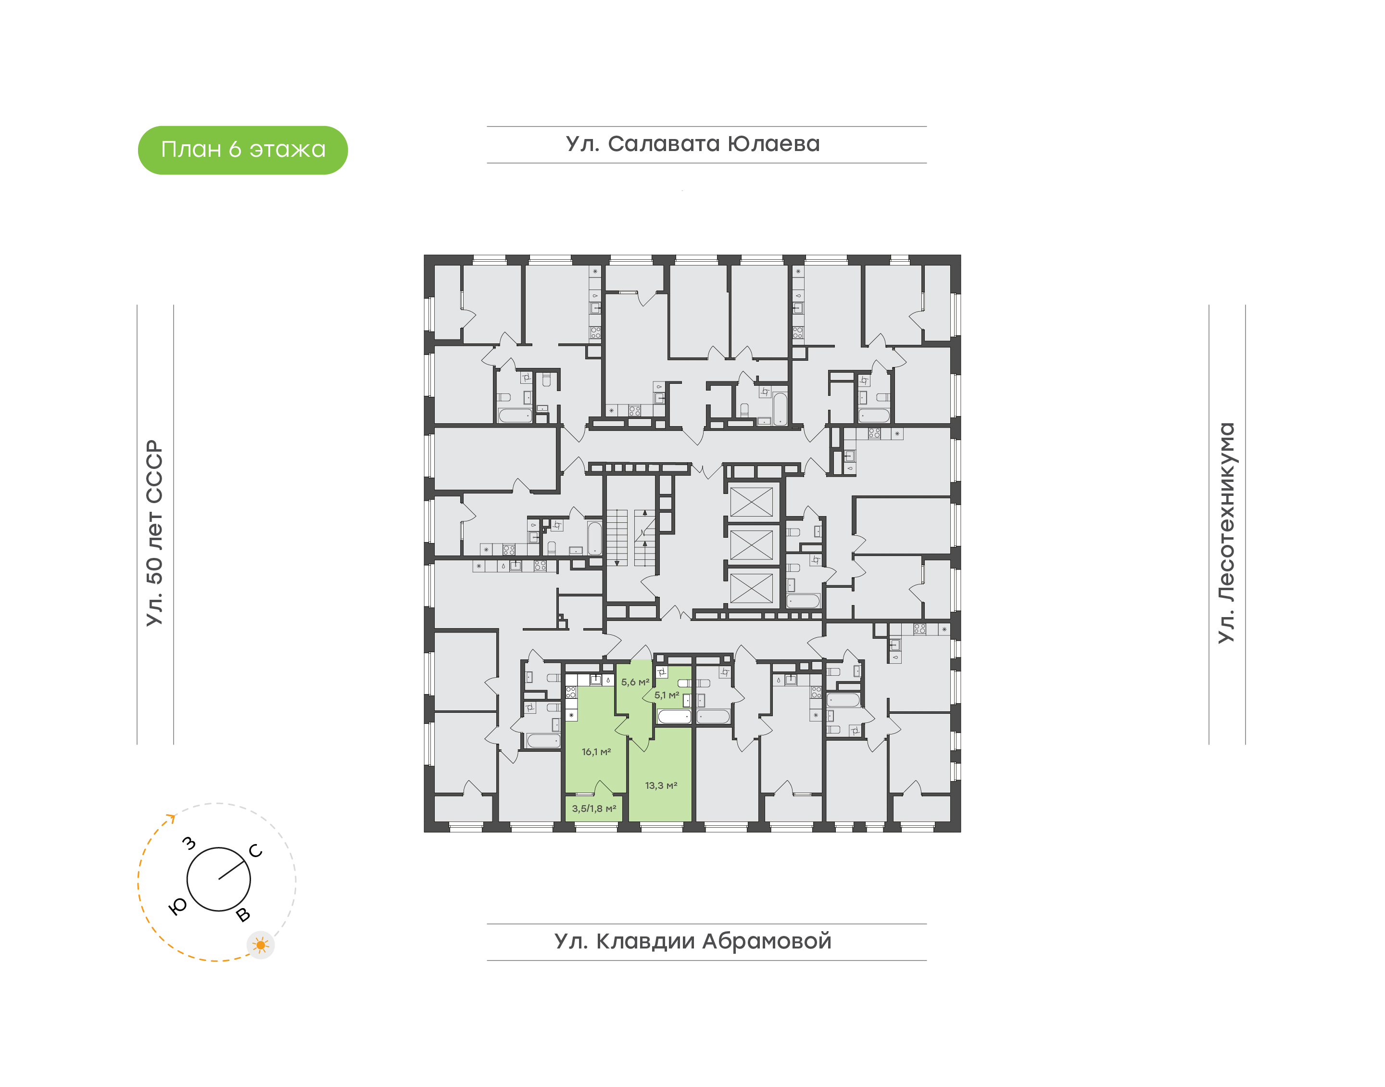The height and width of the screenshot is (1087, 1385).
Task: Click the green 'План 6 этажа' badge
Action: pyautogui.click(x=242, y=150)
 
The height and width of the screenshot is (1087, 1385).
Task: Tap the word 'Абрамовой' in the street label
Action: pyautogui.click(x=767, y=941)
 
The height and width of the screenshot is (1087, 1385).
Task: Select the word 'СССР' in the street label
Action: pyautogui.click(x=154, y=471)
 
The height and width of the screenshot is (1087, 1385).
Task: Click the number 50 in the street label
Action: pyautogui.click(x=154, y=571)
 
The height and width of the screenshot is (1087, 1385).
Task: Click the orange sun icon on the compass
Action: pyautogui.click(x=260, y=945)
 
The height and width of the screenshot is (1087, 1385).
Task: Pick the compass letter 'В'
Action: pyautogui.click(x=243, y=915)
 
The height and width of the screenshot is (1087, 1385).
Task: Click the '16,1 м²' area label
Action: pyautogui.click(x=596, y=752)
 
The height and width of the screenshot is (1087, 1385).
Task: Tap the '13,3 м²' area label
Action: pyautogui.click(x=661, y=785)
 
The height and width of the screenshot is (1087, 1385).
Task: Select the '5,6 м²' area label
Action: pyautogui.click(x=635, y=682)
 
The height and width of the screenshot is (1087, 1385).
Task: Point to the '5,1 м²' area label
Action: pyautogui.click(x=667, y=695)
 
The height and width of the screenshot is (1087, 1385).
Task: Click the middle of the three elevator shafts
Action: pyautogui.click(x=751, y=545)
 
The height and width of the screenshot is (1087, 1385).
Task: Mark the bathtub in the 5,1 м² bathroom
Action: pyautogui.click(x=674, y=717)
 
